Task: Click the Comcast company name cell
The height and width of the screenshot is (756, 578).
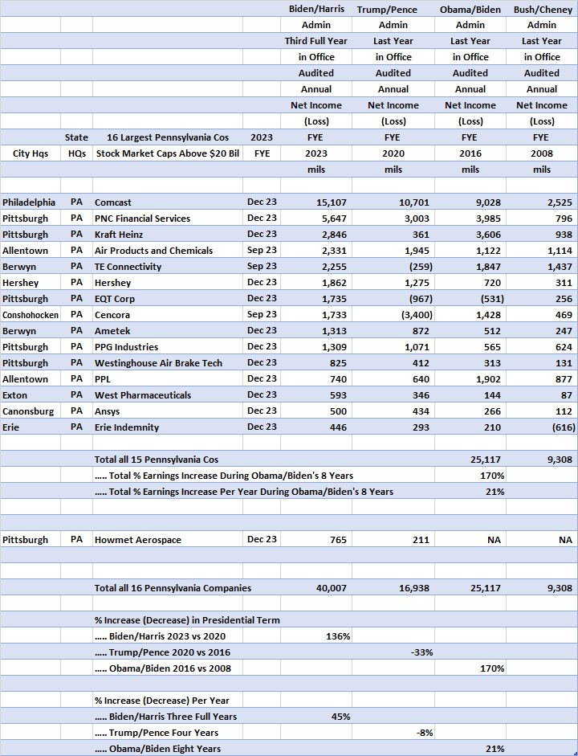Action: (113, 202)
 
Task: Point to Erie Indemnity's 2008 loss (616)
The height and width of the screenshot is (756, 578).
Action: (560, 427)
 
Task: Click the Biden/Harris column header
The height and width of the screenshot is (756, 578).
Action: (316, 9)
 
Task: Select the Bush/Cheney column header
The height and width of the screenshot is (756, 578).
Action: (542, 9)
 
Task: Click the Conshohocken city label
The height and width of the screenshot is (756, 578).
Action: (31, 315)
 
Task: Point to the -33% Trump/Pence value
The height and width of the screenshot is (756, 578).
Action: (421, 652)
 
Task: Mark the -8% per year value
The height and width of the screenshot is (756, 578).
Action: (424, 733)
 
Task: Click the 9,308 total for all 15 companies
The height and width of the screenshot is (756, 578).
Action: (557, 460)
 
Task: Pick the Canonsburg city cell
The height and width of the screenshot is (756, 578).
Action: (26, 411)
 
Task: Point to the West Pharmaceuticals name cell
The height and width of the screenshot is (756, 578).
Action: (143, 395)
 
